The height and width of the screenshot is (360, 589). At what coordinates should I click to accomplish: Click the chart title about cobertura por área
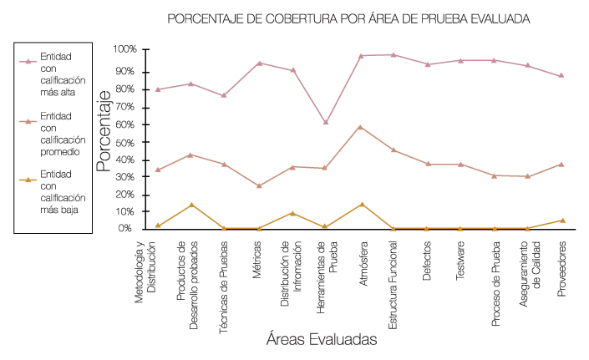tap(349, 18)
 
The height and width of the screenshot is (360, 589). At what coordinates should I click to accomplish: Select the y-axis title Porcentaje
tap(104, 130)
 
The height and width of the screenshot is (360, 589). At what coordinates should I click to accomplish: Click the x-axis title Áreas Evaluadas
tap(322, 340)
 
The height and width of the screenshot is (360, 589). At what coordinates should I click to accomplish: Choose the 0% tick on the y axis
tap(126, 228)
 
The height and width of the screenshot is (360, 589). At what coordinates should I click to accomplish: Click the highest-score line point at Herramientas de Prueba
tap(326, 122)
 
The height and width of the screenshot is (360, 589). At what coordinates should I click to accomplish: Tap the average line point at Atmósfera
tap(360, 127)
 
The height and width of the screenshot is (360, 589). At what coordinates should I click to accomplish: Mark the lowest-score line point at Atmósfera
tap(362, 204)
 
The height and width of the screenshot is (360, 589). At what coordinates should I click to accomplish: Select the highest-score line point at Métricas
tap(259, 63)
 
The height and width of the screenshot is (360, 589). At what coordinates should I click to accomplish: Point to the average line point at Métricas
tap(259, 185)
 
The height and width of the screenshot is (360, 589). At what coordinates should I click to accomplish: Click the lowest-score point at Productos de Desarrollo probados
tap(191, 204)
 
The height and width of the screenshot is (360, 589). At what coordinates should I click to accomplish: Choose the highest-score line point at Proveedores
tap(561, 75)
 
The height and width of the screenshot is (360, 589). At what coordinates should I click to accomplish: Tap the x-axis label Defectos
tap(427, 261)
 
